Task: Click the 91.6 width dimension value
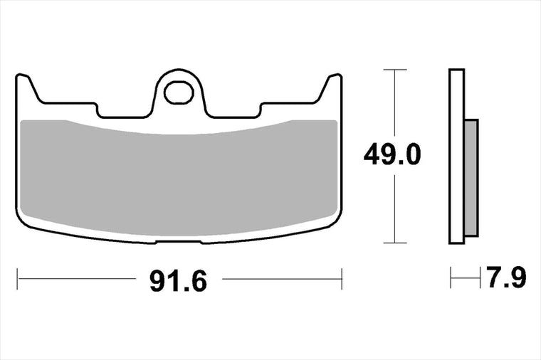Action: (179, 281)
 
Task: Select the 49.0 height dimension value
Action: (392, 154)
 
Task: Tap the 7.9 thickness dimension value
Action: (506, 277)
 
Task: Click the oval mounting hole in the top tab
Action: (179, 92)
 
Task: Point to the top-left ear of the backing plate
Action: (28, 88)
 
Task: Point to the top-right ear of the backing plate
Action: (330, 88)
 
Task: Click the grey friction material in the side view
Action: (471, 178)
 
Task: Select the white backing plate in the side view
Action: (456, 157)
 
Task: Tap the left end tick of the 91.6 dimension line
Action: (17, 279)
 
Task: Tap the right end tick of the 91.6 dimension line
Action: (342, 279)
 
